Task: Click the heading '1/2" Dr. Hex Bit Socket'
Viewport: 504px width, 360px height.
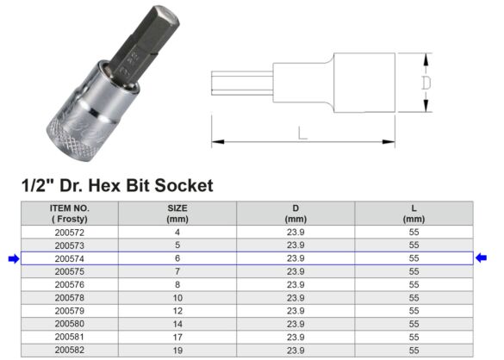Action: point(116,185)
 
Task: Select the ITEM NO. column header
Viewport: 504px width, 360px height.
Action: point(68,214)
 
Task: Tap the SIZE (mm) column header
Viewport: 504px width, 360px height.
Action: point(177,214)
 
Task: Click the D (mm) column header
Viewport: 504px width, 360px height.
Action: point(296,214)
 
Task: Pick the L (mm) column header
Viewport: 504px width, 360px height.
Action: point(414,214)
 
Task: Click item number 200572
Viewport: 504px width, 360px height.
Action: point(68,232)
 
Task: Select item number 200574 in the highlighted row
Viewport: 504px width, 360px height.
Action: point(68,258)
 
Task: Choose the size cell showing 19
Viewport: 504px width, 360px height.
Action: point(177,350)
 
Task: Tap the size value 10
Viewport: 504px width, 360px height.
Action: point(177,297)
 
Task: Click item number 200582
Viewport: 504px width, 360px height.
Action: point(68,350)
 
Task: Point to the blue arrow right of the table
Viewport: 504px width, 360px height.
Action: point(482,258)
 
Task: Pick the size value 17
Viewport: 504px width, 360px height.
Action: point(177,337)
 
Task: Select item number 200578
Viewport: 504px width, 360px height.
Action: point(68,297)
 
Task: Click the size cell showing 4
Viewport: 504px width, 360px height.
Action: point(177,232)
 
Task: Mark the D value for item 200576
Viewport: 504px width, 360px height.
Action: point(296,284)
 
